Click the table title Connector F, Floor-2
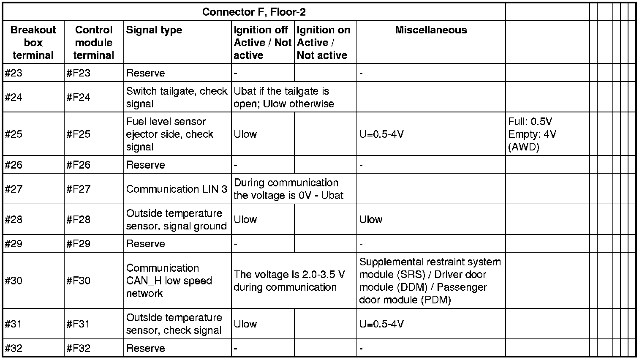[254, 12]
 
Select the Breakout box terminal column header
[33, 42]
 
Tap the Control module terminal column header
[93, 42]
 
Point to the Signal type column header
[154, 30]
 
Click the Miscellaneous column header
[431, 30]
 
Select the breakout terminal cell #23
[14, 73]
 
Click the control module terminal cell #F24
[78, 98]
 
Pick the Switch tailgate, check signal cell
[177, 98]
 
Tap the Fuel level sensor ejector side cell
[170, 134]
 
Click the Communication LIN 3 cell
[177, 189]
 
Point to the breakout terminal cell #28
[14, 220]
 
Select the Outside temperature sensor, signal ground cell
[177, 220]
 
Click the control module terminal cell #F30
[78, 281]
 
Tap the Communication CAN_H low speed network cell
[169, 281]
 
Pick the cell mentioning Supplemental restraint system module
[430, 281]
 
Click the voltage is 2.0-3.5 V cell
[289, 281]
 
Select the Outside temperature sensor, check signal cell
[174, 324]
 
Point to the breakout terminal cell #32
[14, 349]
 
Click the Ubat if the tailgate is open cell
[284, 98]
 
